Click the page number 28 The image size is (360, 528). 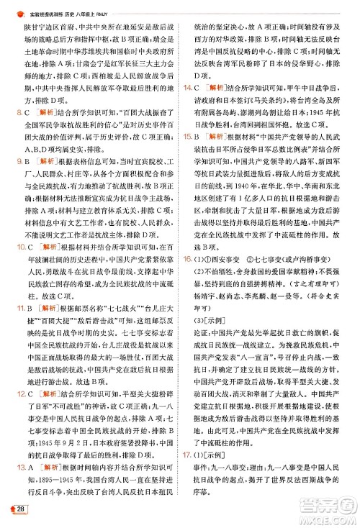pyautogui.click(x=22, y=510)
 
